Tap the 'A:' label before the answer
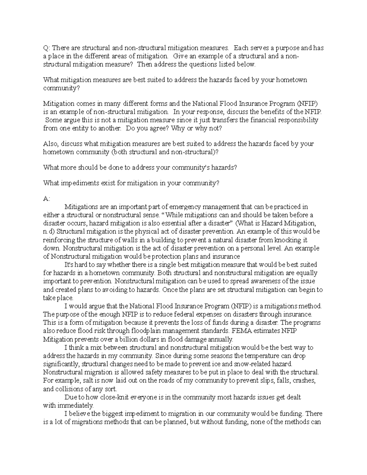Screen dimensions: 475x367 click(46, 199)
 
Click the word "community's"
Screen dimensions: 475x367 click(175, 167)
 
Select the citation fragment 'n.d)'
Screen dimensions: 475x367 click(49, 232)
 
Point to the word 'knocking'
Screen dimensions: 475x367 click(291, 240)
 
